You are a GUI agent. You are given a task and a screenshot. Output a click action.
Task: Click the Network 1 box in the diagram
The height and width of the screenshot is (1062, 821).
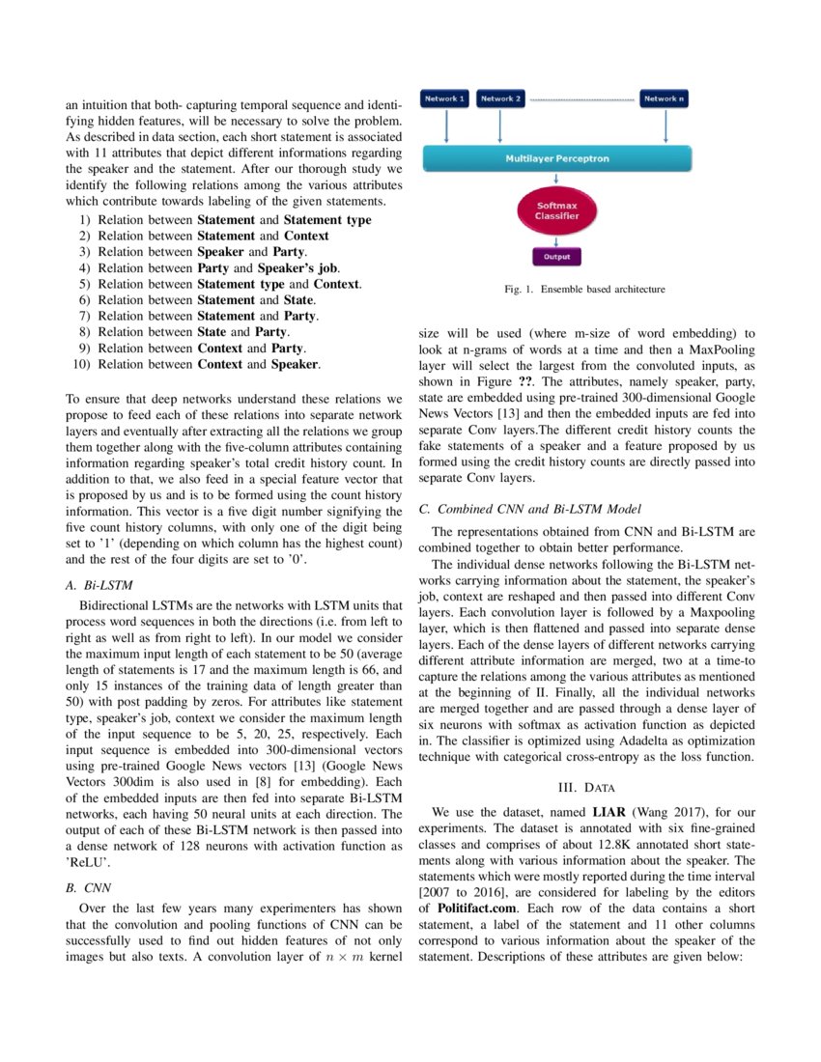point(446,98)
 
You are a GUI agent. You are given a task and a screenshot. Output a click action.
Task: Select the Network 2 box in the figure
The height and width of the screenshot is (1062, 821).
point(501,98)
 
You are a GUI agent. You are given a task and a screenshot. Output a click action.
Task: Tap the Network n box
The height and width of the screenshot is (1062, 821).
point(665,98)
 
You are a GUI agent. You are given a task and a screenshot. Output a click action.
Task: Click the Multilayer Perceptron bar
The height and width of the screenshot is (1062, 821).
point(557,158)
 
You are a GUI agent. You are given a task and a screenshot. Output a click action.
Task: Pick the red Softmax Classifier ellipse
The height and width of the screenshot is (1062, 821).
point(557,210)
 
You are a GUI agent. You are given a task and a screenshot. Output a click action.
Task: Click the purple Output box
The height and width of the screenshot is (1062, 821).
point(556,257)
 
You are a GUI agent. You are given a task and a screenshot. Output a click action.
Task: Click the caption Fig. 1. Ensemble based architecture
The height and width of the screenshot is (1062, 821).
point(584,289)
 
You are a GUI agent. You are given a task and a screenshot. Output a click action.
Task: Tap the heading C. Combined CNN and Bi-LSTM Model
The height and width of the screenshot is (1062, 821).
point(530,508)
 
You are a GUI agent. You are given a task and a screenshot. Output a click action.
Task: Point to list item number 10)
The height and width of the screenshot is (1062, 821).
point(83,365)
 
